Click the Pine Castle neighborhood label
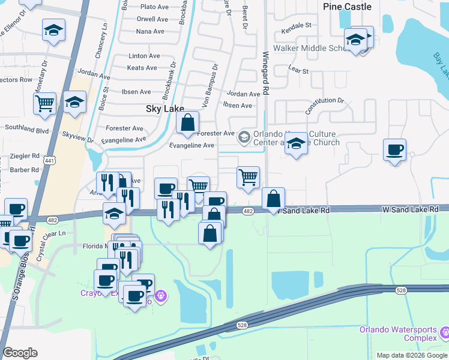coord(347,7)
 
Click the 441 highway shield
coord(50,160)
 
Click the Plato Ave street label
coord(154,7)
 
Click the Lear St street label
coord(298,71)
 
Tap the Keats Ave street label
coord(142,68)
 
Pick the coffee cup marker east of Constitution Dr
coord(394,150)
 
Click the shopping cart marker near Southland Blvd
coord(45,104)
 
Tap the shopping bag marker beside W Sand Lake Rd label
coord(274,199)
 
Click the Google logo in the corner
coord(20,353)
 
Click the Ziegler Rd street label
coord(25,155)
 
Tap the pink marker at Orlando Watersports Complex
coord(445,332)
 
